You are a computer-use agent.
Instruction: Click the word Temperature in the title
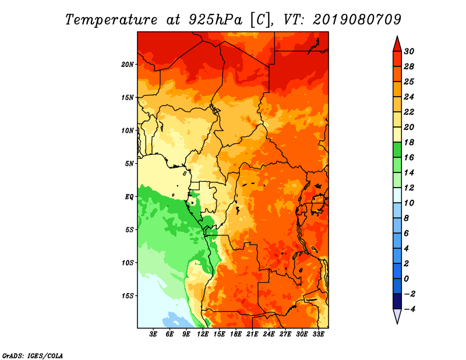point(111,20)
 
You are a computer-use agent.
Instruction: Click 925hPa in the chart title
point(216,20)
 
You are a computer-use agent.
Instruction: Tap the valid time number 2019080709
point(357,20)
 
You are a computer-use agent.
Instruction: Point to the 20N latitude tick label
point(127,65)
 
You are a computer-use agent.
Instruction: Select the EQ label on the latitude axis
point(129,197)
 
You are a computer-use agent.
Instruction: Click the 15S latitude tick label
point(127,296)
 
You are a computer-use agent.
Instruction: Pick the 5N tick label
point(129,164)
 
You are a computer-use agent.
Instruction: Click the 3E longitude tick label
point(153,334)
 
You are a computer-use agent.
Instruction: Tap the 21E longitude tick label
point(252,334)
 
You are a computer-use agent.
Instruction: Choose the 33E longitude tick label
point(318,334)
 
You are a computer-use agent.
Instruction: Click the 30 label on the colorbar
point(409,51)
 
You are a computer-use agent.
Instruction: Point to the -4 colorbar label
point(410,309)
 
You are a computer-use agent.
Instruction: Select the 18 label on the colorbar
point(409,142)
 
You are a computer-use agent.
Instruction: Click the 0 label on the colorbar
point(406,279)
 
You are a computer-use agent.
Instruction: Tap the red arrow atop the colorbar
point(397,44)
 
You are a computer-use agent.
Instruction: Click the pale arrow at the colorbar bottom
point(397,316)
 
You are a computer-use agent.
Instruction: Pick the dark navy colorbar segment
point(397,301)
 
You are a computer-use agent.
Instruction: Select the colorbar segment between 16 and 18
point(397,150)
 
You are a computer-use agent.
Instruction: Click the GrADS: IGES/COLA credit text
point(33,356)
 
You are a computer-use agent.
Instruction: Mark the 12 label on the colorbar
point(409,188)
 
